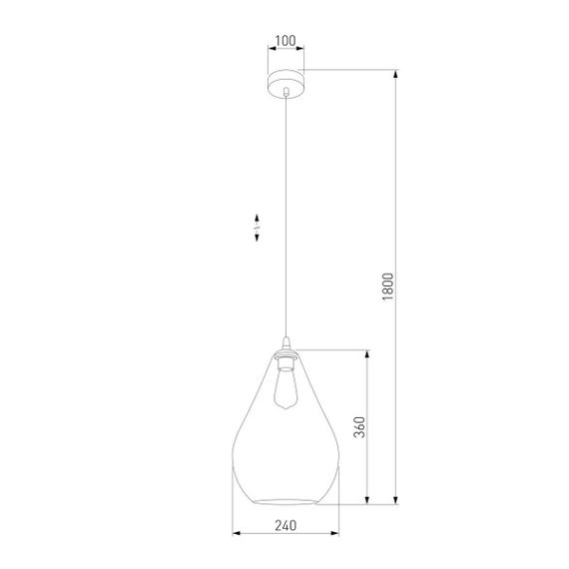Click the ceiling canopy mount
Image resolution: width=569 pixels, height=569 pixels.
click(x=285, y=81)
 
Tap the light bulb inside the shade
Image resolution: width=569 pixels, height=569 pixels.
click(x=284, y=389)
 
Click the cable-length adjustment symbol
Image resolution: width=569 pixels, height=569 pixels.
click(x=257, y=227)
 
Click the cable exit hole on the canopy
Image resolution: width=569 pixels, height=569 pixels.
click(x=285, y=91)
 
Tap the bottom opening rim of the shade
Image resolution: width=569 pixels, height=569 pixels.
click(x=284, y=499)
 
